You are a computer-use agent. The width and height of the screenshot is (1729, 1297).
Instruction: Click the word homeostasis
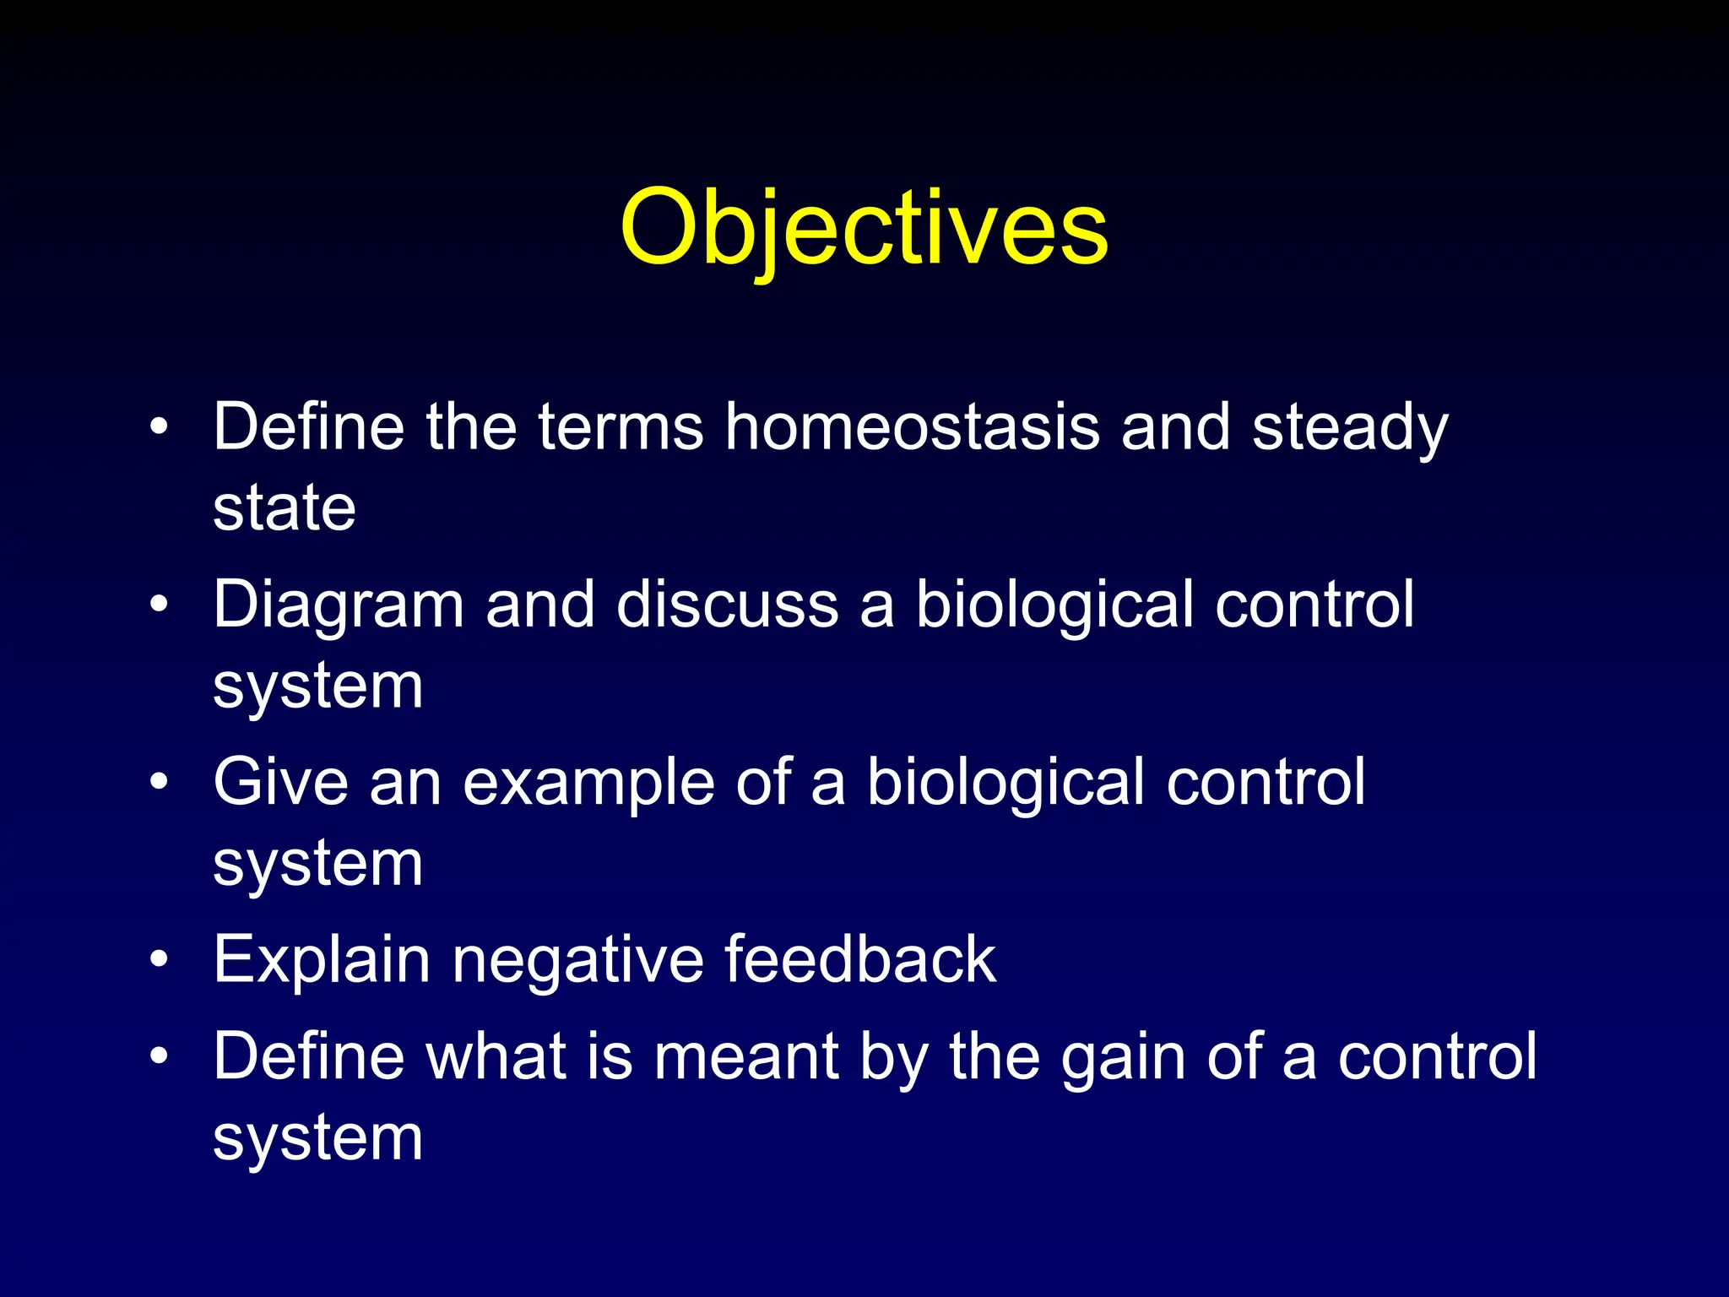(x=912, y=426)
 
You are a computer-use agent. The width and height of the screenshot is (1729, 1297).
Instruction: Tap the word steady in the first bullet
(x=1349, y=426)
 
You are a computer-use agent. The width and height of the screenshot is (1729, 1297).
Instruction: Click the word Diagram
(x=339, y=605)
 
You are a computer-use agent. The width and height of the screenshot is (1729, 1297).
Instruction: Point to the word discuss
(x=727, y=605)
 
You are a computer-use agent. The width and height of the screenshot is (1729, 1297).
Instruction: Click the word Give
(x=280, y=782)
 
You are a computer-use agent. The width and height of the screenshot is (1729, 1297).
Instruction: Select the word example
(x=588, y=782)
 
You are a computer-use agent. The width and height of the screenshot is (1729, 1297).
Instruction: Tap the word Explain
(x=322, y=959)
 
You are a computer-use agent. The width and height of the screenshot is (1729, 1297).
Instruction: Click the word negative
(x=577, y=959)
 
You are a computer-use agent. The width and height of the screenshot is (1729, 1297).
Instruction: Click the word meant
(x=745, y=1056)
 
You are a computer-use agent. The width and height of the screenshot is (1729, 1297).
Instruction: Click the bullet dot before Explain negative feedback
(x=159, y=960)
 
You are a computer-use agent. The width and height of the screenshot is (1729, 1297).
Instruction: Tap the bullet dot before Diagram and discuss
(x=159, y=605)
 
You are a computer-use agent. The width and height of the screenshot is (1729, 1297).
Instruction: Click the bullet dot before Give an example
(x=159, y=783)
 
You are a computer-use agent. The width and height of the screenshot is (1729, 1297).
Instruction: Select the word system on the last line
(x=317, y=1137)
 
